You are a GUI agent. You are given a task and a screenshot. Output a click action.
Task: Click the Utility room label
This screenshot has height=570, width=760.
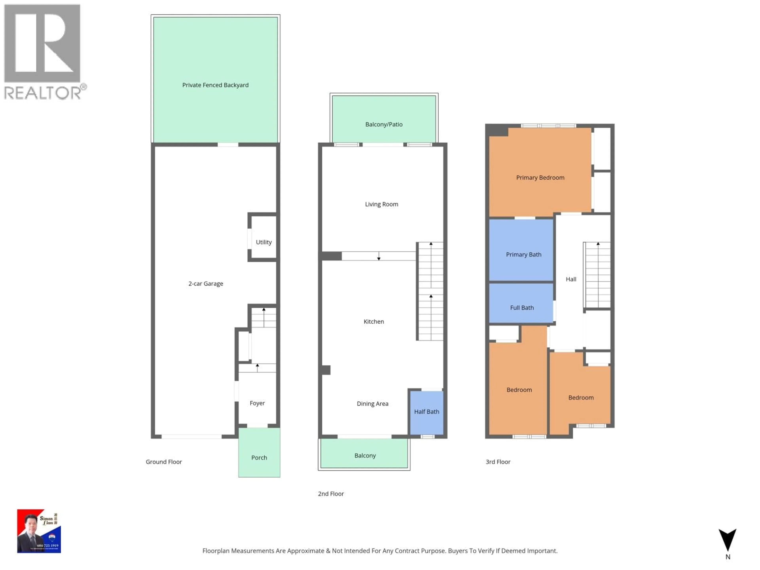[x=264, y=242]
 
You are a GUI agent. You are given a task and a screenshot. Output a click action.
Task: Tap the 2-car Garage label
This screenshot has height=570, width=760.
[x=205, y=283]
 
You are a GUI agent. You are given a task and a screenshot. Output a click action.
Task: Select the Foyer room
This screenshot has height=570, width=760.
[x=257, y=403]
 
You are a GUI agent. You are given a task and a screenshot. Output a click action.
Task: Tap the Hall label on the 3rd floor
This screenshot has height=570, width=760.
[x=571, y=279]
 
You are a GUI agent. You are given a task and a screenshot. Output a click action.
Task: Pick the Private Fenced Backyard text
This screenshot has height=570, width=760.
[x=215, y=85]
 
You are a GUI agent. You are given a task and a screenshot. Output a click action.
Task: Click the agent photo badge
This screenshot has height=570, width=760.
[x=39, y=531]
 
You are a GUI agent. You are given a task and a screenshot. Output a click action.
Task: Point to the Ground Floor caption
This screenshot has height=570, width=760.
[x=163, y=462]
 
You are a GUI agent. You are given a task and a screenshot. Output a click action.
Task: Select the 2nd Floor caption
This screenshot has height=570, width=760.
[x=331, y=494]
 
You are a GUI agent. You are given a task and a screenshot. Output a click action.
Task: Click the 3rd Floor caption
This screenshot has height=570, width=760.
[x=498, y=462]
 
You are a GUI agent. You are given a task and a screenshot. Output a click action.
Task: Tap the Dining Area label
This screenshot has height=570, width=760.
[x=372, y=404]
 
